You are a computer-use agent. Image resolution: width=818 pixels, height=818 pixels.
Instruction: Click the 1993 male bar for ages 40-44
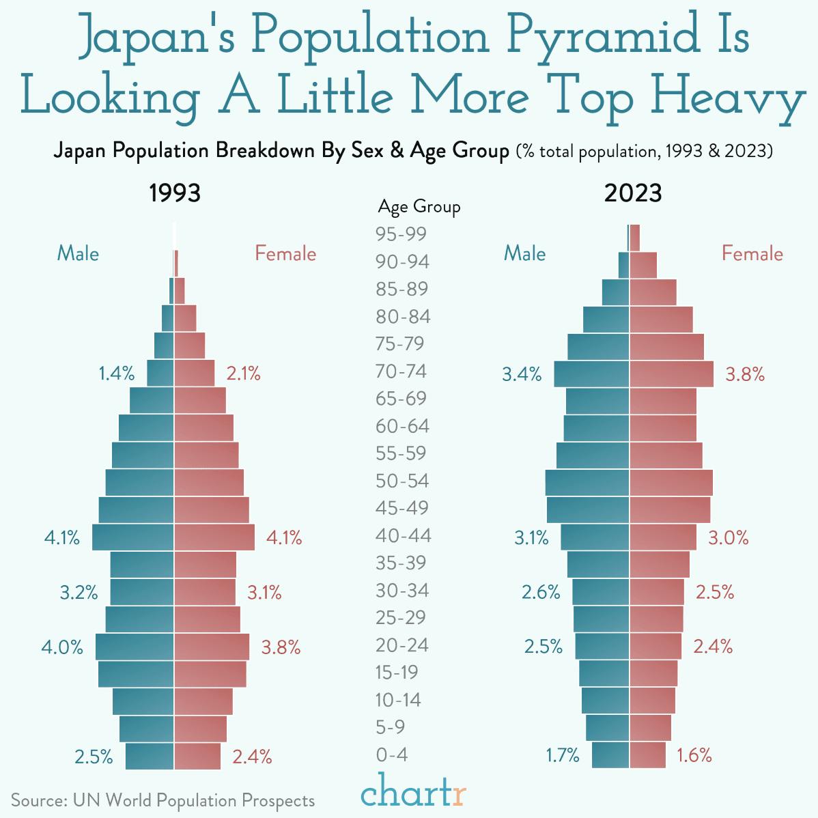[133, 537]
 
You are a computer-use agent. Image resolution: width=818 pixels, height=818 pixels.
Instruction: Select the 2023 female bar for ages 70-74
[671, 374]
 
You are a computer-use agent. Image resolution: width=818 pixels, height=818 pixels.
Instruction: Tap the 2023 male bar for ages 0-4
[610, 755]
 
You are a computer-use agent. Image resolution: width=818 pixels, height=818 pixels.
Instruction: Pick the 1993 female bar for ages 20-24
[212, 647]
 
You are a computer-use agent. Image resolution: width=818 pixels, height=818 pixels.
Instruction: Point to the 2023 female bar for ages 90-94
[643, 265]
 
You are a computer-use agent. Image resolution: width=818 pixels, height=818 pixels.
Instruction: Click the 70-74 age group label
[401, 371]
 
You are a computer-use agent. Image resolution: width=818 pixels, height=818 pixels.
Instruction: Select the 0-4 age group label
[392, 754]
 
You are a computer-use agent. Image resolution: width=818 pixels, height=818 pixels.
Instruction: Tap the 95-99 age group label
[401, 234]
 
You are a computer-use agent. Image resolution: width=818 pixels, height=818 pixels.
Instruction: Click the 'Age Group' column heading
[419, 206]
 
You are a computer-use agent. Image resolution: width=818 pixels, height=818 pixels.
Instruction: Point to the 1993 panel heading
[175, 193]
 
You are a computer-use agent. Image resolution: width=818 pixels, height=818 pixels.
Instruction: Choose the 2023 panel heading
[633, 193]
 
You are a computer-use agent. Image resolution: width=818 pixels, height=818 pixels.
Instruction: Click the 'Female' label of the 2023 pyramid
[752, 253]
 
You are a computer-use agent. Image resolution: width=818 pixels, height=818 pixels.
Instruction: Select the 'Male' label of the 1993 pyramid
[78, 253]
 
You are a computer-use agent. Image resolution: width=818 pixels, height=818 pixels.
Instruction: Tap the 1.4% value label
[117, 373]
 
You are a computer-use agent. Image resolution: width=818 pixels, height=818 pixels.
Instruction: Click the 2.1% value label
[244, 373]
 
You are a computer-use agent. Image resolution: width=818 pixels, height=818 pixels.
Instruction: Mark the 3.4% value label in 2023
[522, 374]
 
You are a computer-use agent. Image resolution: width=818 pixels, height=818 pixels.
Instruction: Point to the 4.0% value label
[62, 647]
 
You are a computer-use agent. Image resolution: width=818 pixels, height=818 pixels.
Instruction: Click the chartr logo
[414, 793]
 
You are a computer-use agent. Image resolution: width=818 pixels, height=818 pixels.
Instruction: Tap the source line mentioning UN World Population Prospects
[163, 800]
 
